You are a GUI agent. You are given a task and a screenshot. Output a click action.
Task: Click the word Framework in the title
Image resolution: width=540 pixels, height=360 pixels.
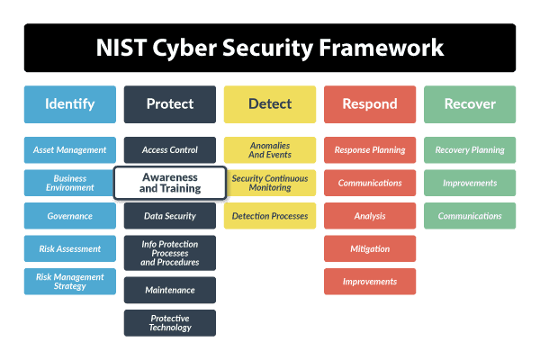(382, 48)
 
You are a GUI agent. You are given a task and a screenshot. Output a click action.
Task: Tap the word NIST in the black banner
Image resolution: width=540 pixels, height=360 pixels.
(121, 48)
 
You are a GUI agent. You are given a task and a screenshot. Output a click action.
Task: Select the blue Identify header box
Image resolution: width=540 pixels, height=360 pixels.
(70, 104)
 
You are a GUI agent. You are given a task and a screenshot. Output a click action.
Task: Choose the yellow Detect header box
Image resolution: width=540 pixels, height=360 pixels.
(270, 104)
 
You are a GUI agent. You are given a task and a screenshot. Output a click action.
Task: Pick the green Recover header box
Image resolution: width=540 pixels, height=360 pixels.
(470, 104)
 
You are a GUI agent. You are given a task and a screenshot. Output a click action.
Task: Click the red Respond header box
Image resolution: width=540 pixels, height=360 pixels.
(370, 104)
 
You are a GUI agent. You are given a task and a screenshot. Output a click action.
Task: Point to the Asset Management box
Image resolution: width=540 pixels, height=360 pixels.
(70, 150)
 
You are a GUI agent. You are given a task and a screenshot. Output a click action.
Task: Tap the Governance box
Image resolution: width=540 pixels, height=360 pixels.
(70, 216)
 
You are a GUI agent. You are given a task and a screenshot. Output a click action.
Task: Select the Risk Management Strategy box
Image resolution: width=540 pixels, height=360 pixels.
(70, 282)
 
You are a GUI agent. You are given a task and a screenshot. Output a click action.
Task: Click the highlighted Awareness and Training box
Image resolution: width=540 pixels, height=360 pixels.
(170, 183)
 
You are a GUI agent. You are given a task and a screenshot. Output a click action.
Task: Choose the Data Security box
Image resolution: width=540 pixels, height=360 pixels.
(170, 216)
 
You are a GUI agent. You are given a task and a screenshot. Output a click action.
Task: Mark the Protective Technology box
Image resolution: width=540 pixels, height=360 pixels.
(170, 323)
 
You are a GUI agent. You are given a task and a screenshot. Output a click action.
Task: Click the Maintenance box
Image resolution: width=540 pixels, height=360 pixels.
(170, 290)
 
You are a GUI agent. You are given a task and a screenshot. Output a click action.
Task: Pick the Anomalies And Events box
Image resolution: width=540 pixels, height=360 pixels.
(270, 150)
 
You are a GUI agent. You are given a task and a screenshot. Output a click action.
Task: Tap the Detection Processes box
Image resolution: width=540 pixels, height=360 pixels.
(270, 216)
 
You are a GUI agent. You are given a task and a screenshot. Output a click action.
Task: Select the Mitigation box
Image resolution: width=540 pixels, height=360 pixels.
(370, 248)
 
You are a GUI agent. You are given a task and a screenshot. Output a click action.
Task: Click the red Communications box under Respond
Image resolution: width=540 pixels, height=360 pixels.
(370, 183)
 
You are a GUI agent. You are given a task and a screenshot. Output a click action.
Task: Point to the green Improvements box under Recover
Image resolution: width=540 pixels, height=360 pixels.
(470, 183)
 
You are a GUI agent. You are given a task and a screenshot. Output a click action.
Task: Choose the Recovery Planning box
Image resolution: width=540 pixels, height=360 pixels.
(470, 150)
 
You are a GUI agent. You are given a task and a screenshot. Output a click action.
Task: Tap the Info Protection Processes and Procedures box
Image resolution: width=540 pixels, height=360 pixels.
(170, 253)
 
